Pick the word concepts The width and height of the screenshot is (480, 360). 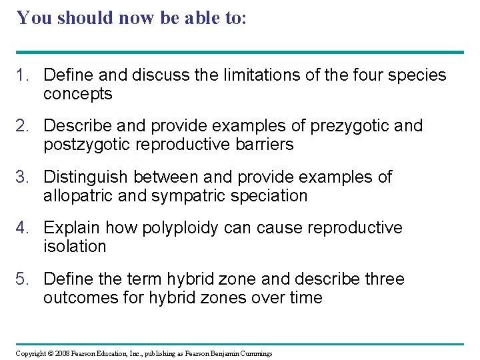tap(78, 94)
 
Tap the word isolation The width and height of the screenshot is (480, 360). tap(75, 247)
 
